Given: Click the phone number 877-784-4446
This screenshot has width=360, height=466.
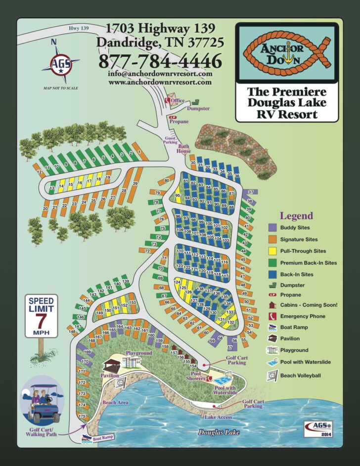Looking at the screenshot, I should (160, 62).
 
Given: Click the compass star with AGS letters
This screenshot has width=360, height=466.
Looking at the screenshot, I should (60, 64).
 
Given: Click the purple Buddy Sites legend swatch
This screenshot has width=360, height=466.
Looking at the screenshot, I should (272, 228).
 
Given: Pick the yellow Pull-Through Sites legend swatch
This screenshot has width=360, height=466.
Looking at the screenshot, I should (272, 251).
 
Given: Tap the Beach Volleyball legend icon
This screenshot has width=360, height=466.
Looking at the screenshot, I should (272, 375).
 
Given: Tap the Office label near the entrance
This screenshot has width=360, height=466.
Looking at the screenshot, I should (178, 100).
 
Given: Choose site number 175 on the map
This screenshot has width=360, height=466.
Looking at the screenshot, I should (82, 417).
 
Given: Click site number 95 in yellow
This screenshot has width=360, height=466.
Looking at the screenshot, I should (178, 196).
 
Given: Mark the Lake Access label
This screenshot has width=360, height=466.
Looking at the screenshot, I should (218, 417).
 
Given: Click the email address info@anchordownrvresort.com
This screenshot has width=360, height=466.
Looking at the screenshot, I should (160, 74).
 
